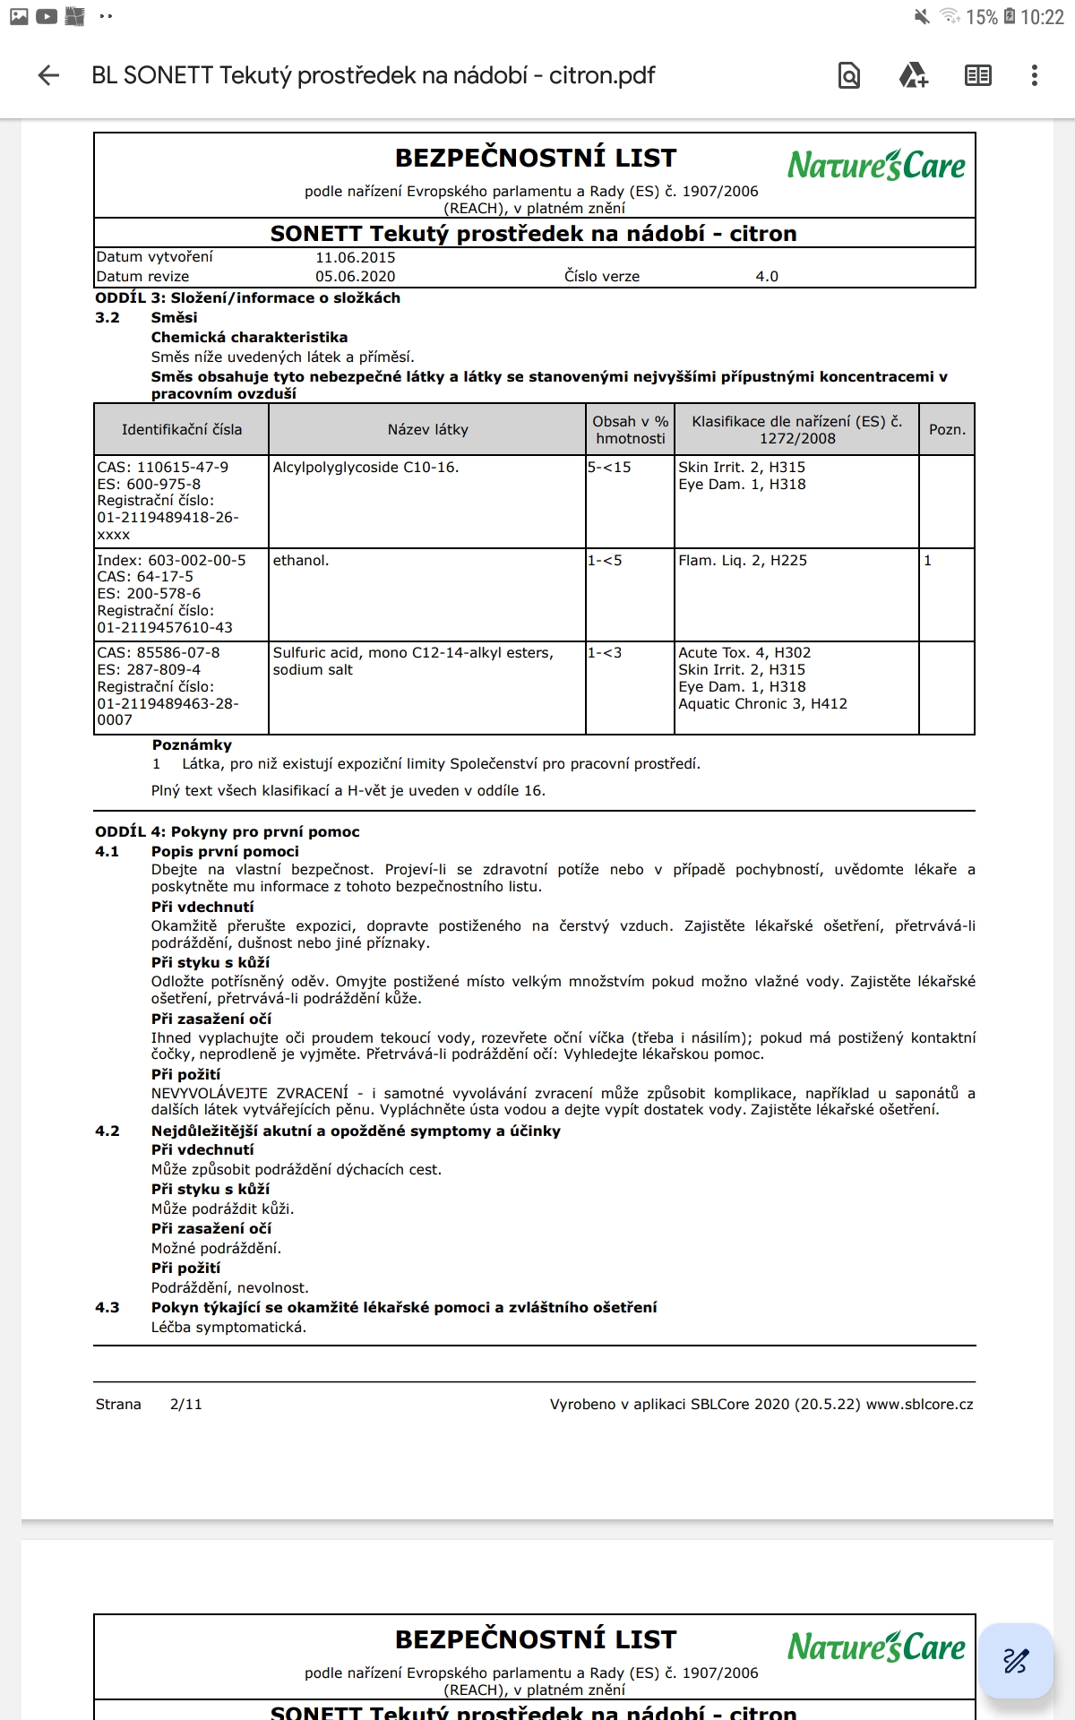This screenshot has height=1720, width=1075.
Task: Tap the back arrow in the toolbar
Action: point(48,76)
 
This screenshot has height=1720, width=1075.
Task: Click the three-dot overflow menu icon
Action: point(1034,76)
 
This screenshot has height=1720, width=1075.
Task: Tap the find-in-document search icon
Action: point(848,76)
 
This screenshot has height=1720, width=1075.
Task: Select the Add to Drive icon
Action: point(913,76)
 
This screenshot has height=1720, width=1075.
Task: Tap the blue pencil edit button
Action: point(1015,1661)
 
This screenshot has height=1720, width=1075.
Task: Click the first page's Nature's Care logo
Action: point(876,166)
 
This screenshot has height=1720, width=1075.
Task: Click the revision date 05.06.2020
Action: point(355,276)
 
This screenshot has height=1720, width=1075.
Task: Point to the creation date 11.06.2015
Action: point(355,257)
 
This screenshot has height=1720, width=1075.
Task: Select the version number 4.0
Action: point(767,276)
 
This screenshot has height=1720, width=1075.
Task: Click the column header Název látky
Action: point(427,430)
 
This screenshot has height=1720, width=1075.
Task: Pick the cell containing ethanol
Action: point(301,561)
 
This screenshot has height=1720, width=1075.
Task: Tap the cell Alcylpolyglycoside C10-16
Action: point(365,468)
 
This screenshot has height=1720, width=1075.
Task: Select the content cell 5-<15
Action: point(609,468)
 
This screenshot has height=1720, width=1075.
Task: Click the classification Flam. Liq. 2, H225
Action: point(743,561)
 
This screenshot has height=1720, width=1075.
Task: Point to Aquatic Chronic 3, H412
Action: point(762,704)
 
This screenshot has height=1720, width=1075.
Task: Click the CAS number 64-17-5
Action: point(165,577)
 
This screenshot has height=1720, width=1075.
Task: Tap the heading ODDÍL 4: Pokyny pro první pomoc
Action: point(228,831)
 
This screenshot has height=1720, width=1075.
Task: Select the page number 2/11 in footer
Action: point(185,1404)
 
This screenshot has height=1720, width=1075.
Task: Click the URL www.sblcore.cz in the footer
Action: point(919,1404)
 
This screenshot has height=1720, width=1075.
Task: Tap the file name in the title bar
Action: point(374,76)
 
